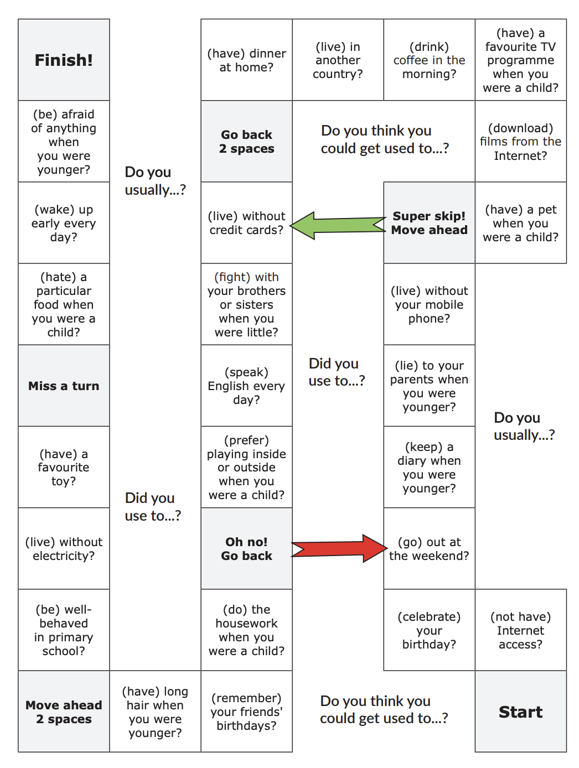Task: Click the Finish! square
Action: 64,60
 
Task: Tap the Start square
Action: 520,712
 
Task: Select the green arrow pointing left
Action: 338,225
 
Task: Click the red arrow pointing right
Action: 339,548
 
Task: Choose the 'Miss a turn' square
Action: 64,386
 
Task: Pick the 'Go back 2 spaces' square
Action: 246,141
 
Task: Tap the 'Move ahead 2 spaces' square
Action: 64,712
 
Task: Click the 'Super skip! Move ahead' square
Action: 429,222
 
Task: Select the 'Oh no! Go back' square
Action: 246,548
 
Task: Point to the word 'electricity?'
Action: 64,556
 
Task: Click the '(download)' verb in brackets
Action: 520,128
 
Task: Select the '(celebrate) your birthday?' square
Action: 429,630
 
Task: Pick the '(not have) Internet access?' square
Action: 520,630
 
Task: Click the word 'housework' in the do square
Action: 246,623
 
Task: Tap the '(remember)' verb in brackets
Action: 246,698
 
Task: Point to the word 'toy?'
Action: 64,481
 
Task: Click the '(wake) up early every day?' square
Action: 64,222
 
